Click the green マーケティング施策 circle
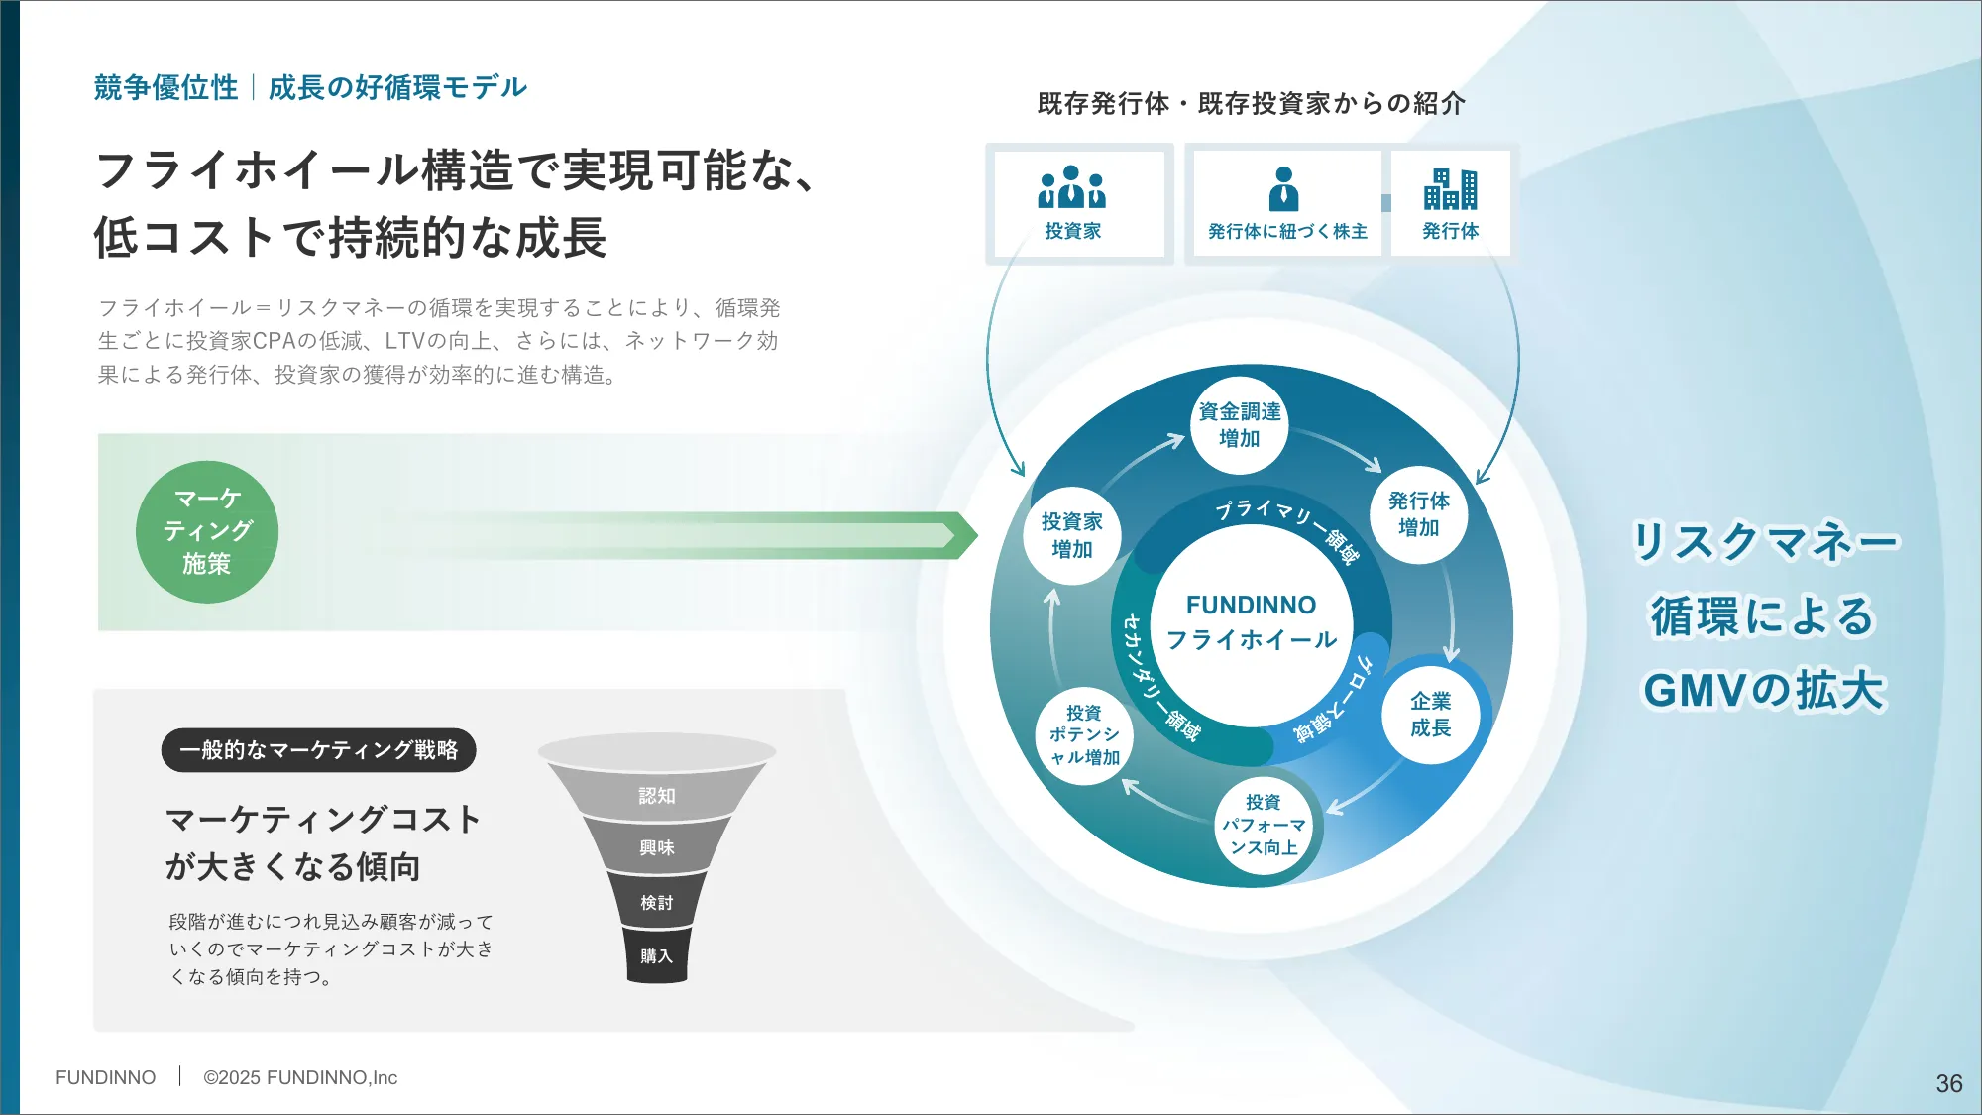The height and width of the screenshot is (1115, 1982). coord(206,532)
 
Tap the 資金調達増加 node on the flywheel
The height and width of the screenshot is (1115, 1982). coord(1239,425)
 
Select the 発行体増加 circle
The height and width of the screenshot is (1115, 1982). coord(1418,514)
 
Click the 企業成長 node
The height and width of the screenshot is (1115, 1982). coord(1430,715)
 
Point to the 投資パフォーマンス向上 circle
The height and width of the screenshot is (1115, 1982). coord(1264,825)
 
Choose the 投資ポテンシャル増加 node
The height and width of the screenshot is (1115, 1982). coord(1084,735)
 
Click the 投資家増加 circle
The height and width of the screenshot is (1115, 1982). coord(1071,535)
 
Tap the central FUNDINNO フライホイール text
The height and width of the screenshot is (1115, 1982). coord(1251,622)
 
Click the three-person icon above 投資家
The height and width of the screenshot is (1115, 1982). coord(1071,187)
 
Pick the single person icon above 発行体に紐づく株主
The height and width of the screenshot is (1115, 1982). coord(1283,188)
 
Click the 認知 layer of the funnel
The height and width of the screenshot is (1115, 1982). coord(656,796)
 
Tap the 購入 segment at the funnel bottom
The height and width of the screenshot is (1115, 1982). coord(656,956)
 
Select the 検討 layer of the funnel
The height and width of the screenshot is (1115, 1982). coord(656,903)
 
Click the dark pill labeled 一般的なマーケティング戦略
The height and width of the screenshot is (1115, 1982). coord(318,750)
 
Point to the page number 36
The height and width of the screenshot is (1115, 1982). coord(1948,1083)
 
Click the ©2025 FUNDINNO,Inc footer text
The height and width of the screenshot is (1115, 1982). coord(300,1077)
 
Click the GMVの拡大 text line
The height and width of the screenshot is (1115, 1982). coord(1763,691)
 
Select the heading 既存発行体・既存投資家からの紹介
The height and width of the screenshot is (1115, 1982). coord(1251,104)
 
